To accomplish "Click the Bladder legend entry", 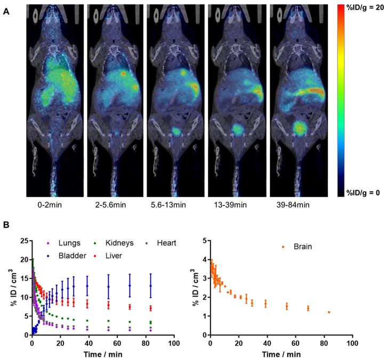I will tap(70, 256).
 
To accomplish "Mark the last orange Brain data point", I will tap(329, 312).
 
